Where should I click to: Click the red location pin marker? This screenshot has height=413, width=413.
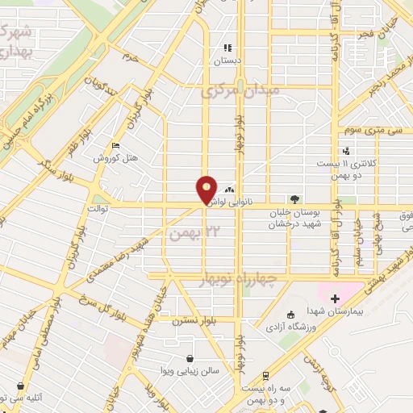click(x=207, y=189)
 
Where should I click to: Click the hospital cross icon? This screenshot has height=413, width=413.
click(x=335, y=298)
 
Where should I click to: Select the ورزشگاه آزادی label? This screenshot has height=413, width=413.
click(x=291, y=326)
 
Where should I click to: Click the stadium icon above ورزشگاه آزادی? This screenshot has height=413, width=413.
click(x=291, y=315)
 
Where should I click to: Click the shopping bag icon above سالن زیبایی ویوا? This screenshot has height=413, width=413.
click(x=189, y=359)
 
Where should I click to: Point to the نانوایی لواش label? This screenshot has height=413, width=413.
click(x=244, y=203)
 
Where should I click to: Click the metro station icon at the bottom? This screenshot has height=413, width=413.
click(x=266, y=375)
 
